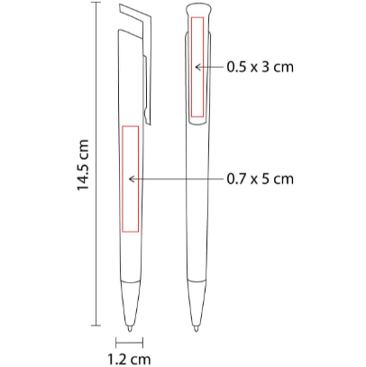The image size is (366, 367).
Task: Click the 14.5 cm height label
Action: pos(83,164)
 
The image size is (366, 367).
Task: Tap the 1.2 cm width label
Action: pos(129,359)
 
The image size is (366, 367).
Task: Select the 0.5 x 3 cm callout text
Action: pos(260,67)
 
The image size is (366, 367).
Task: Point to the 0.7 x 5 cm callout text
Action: pos(260,179)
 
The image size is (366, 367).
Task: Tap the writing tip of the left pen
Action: pos(130,328)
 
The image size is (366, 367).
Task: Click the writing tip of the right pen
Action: pos(197,328)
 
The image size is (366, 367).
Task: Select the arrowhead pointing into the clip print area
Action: pos(197,67)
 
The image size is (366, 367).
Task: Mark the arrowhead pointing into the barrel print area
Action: pos(132,179)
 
